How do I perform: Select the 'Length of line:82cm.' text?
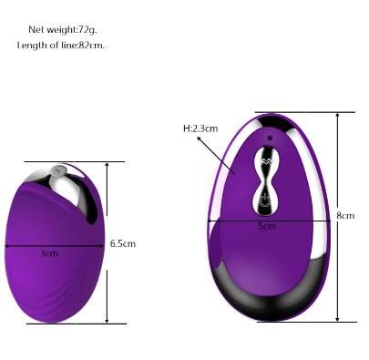pos(61,46)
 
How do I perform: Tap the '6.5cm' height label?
pos(122,243)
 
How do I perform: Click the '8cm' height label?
pos(345,215)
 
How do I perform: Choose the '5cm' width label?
pos(266,226)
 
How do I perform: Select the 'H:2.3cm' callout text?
pos(200,129)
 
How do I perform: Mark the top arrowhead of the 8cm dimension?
pos(338,116)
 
